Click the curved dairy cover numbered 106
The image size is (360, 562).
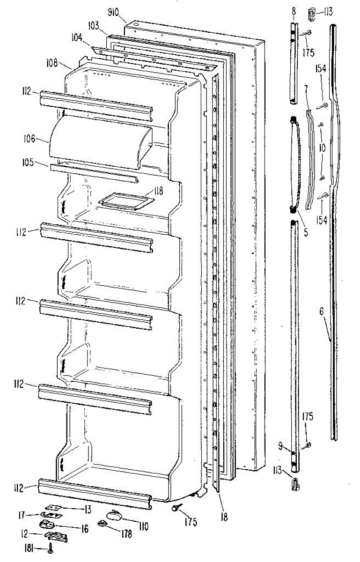101,140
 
